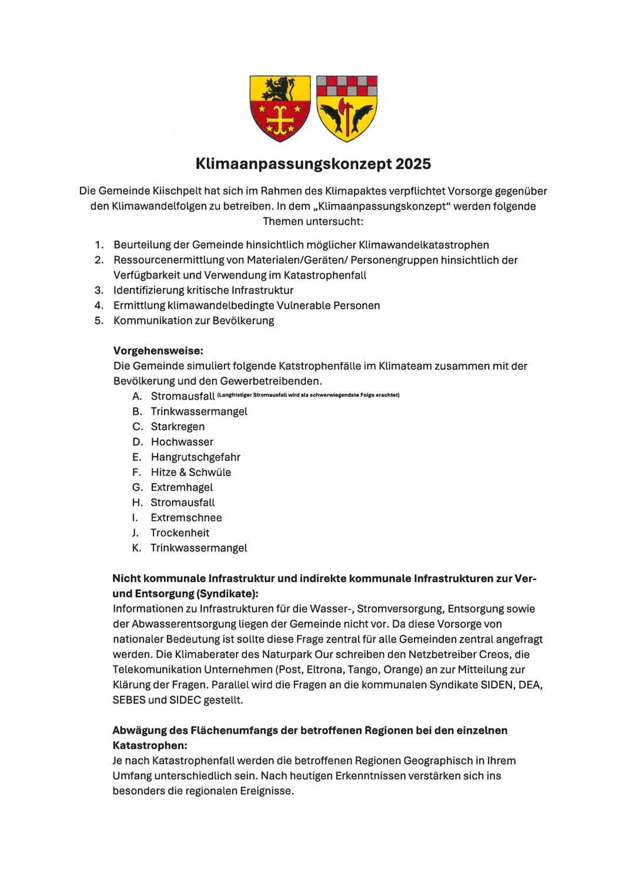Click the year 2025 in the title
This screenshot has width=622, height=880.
(x=413, y=163)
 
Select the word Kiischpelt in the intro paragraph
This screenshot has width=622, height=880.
(x=177, y=191)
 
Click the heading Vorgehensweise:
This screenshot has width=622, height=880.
(x=158, y=351)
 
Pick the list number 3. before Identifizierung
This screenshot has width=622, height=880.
(x=99, y=290)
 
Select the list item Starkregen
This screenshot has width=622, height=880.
(x=178, y=427)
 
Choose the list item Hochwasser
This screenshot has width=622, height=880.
(x=182, y=442)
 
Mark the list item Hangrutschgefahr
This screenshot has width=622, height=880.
(x=195, y=457)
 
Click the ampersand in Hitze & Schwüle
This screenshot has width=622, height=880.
(x=182, y=473)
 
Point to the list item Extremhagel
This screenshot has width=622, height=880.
(x=182, y=487)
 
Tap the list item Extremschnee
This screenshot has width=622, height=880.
(x=186, y=518)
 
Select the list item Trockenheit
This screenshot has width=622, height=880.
(x=180, y=533)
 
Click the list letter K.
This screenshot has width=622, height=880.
(x=136, y=548)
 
